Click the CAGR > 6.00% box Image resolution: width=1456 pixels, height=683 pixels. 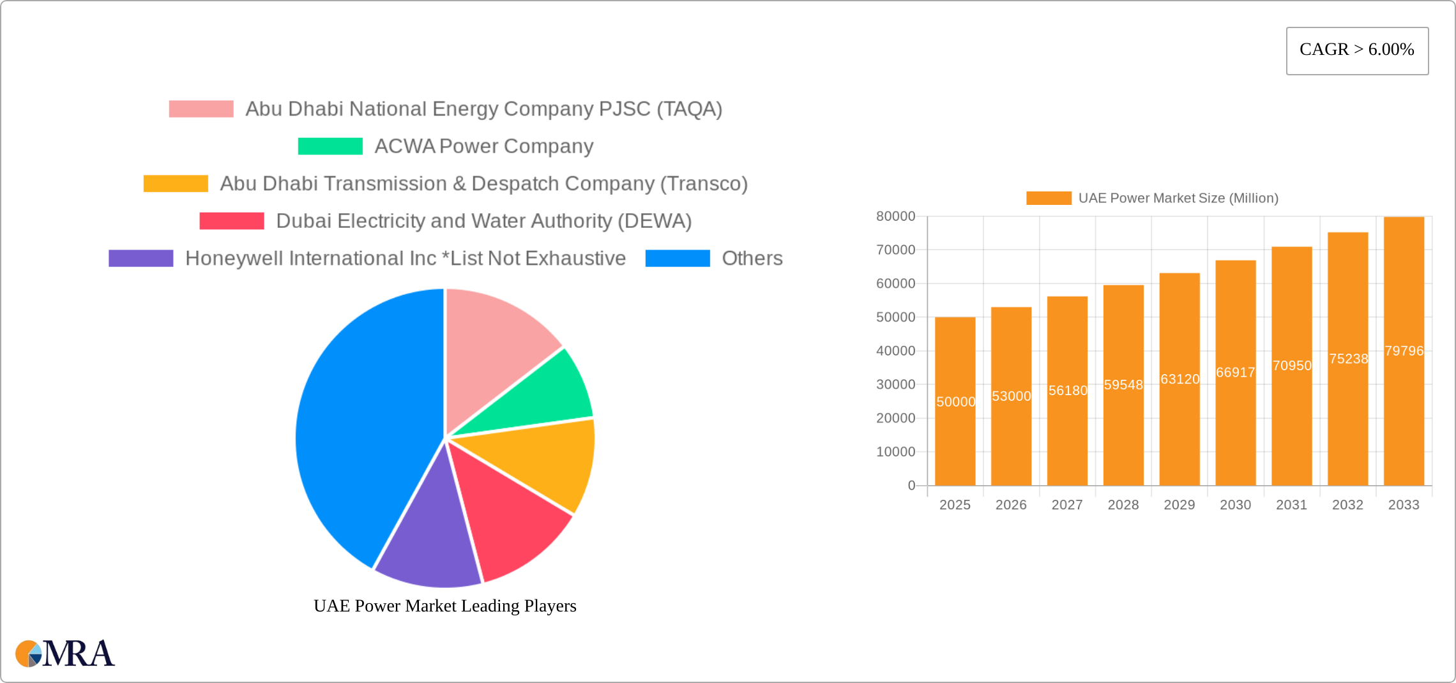[x=1357, y=50]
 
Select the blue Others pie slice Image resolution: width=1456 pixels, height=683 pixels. [x=358, y=421]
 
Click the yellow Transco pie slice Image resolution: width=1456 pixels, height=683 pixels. [x=543, y=463]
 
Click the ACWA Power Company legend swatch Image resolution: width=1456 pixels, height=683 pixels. [x=330, y=146]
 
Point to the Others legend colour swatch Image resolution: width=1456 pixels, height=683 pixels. [x=678, y=258]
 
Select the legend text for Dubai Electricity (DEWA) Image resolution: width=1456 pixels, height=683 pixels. [x=483, y=221]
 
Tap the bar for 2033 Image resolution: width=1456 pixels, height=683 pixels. [x=1404, y=351]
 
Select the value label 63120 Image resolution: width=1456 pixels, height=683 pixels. [x=1179, y=379]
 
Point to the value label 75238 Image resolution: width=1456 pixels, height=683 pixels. [x=1348, y=359]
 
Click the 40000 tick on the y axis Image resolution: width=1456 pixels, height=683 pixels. [x=895, y=350]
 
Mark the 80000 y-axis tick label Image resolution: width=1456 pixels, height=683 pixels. [x=895, y=216]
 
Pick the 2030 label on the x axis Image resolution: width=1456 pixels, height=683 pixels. [x=1235, y=505]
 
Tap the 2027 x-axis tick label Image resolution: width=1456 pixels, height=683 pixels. [x=1067, y=505]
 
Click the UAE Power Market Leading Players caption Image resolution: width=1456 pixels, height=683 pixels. [x=444, y=606]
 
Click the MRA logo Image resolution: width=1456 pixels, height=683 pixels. [x=65, y=654]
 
